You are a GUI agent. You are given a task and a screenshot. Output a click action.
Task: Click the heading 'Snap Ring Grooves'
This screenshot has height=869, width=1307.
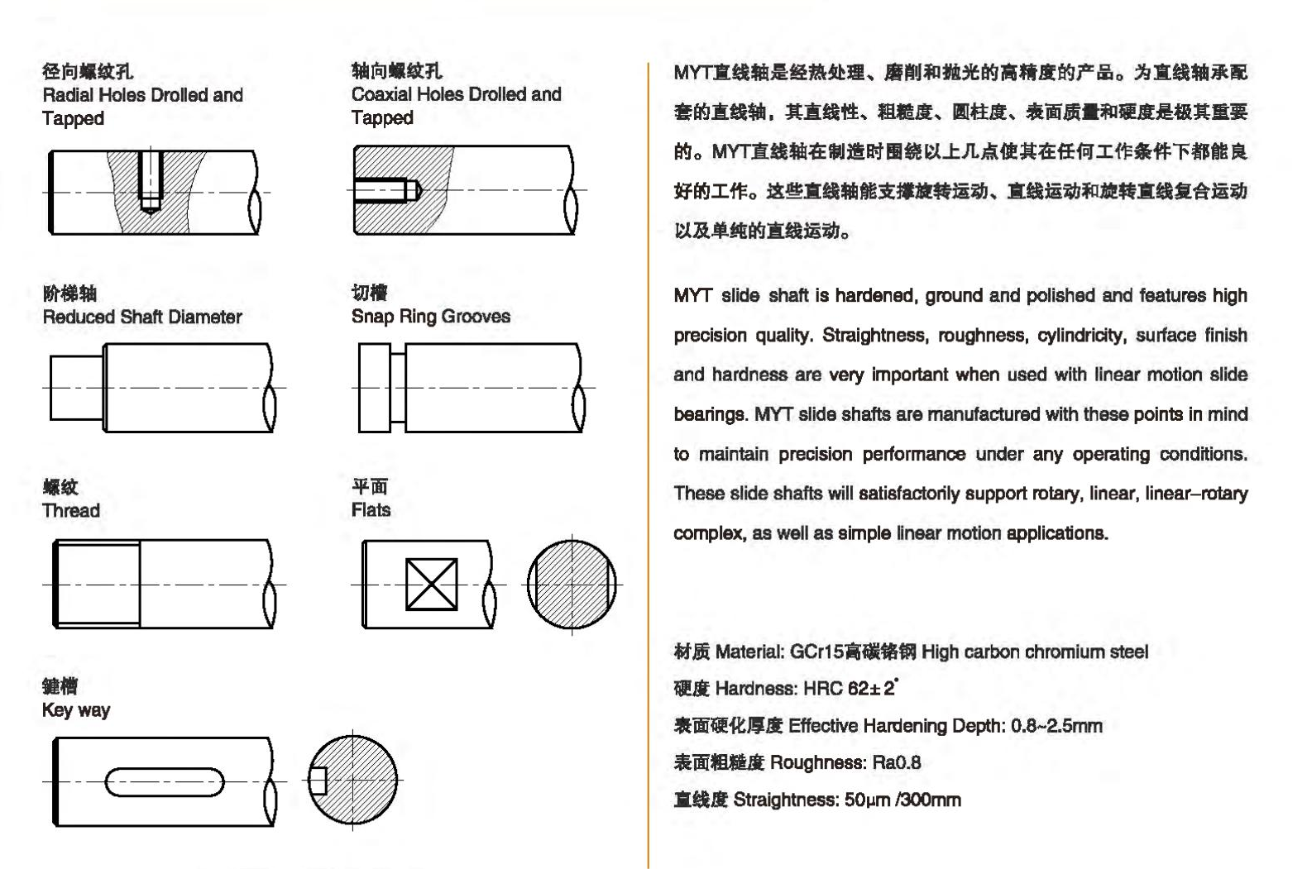[430, 317]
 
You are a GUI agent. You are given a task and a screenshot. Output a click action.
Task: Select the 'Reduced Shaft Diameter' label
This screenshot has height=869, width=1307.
[141, 317]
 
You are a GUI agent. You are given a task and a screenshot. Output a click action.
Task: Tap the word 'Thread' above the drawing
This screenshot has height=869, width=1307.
[71, 511]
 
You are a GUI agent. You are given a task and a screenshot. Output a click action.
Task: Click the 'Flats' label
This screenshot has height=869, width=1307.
[371, 510]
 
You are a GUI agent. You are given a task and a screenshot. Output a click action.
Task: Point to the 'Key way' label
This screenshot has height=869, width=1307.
[75, 710]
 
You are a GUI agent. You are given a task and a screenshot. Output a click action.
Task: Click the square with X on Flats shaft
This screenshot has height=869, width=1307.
[431, 585]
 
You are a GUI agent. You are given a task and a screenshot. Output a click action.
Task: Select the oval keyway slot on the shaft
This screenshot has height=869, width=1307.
[165, 781]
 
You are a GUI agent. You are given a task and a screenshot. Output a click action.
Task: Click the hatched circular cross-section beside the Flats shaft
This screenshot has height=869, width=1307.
[572, 584]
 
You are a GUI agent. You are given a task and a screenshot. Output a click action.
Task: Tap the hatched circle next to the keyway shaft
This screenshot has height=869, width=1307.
[354, 780]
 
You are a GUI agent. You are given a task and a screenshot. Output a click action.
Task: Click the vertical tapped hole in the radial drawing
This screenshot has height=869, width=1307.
[150, 180]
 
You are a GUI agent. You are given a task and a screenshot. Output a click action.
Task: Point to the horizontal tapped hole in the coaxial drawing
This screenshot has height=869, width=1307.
[385, 190]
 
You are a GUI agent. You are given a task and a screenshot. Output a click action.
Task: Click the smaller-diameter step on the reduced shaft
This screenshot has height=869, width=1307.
[76, 388]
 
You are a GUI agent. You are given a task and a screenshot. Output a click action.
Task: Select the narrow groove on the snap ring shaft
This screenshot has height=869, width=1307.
[398, 388]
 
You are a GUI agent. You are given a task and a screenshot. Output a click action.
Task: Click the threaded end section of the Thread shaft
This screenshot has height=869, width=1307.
[98, 584]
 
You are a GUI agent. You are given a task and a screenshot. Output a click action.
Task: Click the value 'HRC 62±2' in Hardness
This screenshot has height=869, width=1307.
[850, 689]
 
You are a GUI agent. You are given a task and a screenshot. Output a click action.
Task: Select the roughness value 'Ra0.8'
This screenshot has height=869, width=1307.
[896, 763]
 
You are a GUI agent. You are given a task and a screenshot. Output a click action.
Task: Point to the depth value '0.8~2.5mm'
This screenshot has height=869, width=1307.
[1056, 726]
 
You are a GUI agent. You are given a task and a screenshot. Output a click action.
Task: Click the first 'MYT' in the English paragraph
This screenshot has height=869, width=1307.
[692, 296]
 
